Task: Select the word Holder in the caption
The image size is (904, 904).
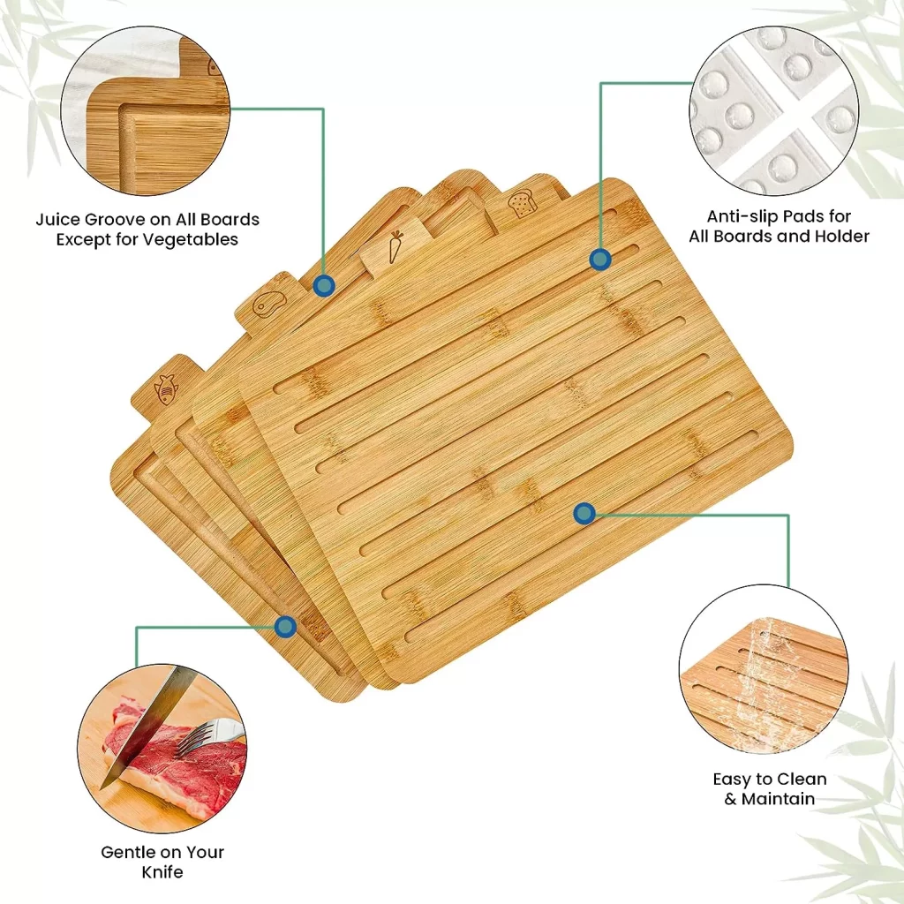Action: (841, 237)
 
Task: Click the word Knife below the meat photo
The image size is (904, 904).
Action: (162, 871)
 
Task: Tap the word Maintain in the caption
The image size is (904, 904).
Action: (779, 799)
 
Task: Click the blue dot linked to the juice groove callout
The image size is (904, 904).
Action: (324, 285)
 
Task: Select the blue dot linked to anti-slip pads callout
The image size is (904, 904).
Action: (600, 260)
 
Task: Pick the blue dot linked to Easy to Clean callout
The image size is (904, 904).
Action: (584, 513)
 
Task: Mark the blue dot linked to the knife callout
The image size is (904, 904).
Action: (285, 627)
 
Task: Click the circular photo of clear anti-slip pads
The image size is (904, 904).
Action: (774, 110)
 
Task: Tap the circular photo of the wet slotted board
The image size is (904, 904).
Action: (764, 669)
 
